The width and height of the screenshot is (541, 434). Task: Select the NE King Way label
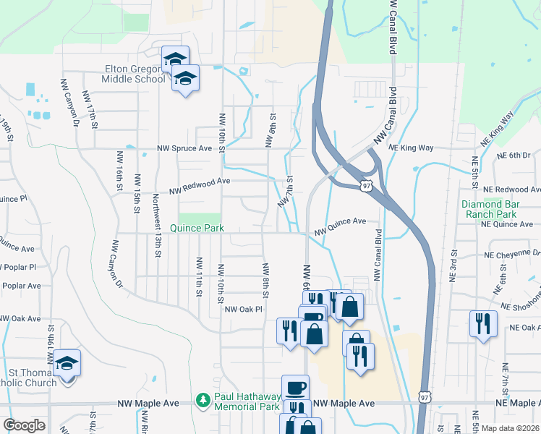[x=411, y=148]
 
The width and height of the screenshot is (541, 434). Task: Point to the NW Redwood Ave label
[x=200, y=186]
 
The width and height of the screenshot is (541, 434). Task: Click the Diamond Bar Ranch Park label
[x=499, y=209]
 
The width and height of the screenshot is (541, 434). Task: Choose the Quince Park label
[x=196, y=228]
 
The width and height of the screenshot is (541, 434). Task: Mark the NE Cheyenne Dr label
[x=514, y=255]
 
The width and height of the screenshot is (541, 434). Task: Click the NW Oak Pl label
[x=242, y=309]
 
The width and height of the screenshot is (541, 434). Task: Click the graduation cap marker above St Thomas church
[x=67, y=362]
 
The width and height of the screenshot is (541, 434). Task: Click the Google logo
[x=24, y=425]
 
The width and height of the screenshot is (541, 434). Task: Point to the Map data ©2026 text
[x=511, y=428]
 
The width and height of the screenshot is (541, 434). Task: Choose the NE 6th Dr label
[x=514, y=156]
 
